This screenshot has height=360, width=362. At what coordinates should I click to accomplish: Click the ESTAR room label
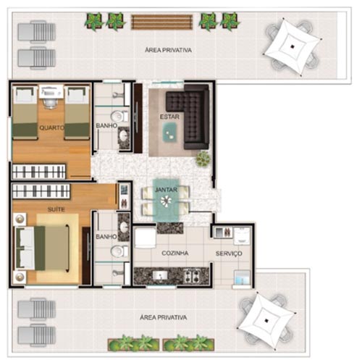pyautogui.click(x=169, y=117)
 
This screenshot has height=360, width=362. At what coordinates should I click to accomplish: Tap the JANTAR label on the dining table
pyautogui.click(x=166, y=190)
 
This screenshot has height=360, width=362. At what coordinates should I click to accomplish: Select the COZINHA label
pyautogui.click(x=175, y=253)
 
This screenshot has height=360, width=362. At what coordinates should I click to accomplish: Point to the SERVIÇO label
pyautogui.click(x=229, y=254)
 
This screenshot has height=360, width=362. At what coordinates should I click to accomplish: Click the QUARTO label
pyautogui.click(x=51, y=127)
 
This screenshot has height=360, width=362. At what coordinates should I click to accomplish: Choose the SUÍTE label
pyautogui.click(x=56, y=209)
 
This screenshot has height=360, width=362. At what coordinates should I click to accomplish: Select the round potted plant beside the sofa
pyautogui.click(x=203, y=159)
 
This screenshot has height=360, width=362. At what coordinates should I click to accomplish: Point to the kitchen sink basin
pyautogui.click(x=159, y=275)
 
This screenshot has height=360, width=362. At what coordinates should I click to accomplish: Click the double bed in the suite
pyautogui.click(x=42, y=248)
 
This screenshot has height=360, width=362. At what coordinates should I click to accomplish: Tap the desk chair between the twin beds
pyautogui.click(x=51, y=103)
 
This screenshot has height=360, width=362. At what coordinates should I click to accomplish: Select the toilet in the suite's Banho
pyautogui.click(x=119, y=251)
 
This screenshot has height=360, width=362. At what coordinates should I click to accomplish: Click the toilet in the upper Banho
pyautogui.click(x=119, y=117)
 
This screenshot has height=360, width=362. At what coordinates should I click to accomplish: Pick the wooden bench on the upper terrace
pyautogui.click(x=161, y=22)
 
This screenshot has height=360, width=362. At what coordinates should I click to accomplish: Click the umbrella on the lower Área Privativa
pyautogui.click(x=266, y=320)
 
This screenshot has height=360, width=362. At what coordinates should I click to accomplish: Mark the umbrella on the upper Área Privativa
pyautogui.click(x=292, y=47)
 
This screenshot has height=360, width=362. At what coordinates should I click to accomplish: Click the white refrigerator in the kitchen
pyautogui.click(x=145, y=238)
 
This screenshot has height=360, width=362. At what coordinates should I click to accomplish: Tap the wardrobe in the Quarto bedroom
pyautogui.click(x=38, y=172)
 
